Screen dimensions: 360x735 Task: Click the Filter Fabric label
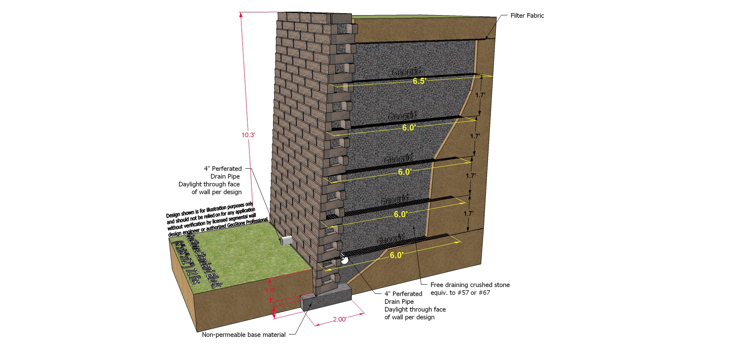(527, 16)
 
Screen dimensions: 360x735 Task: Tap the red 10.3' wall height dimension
(248, 135)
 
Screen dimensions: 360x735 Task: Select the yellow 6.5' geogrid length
(419, 81)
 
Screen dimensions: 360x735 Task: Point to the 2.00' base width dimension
(340, 319)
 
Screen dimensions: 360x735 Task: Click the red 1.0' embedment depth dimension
(270, 290)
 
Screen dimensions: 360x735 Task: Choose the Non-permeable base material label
(244, 335)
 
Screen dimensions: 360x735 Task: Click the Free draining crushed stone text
(470, 285)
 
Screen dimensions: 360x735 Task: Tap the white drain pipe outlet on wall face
(286, 240)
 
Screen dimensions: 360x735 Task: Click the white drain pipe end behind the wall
(344, 260)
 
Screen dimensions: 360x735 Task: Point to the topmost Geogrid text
(407, 72)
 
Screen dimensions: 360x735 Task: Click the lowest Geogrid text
(391, 240)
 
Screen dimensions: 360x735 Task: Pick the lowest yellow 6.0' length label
(397, 255)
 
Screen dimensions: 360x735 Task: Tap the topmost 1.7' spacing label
(480, 95)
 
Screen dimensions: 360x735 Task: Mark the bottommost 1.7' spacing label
(468, 213)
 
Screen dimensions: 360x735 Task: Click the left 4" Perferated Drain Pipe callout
(217, 180)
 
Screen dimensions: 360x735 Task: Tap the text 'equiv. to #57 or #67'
(460, 293)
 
